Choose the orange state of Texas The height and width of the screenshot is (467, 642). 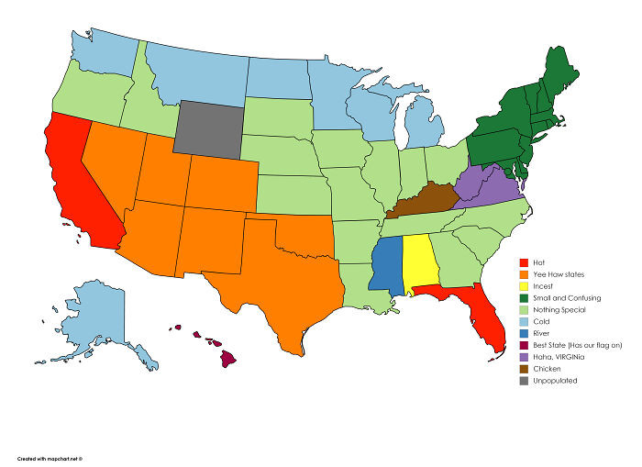coord(266,275)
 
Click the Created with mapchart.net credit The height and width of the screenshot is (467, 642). coord(55,457)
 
